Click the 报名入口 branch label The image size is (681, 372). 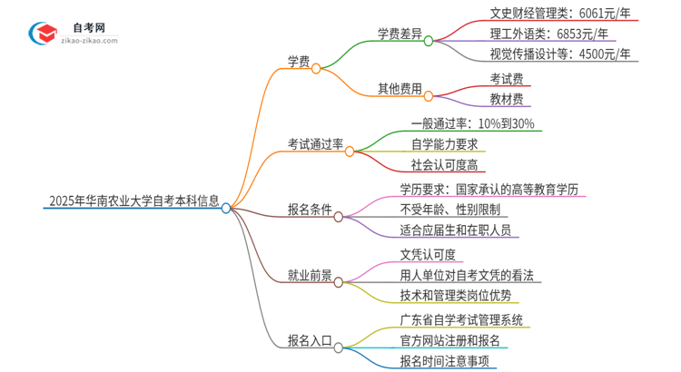pos(310,341)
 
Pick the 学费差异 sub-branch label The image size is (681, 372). pos(400,34)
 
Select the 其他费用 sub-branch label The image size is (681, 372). pos(400,89)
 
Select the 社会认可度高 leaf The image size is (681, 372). pos(444,164)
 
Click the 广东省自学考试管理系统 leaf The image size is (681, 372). pos(461,320)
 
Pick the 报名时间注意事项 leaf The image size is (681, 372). pos(449,362)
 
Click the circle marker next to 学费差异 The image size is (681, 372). pos(428,41)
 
